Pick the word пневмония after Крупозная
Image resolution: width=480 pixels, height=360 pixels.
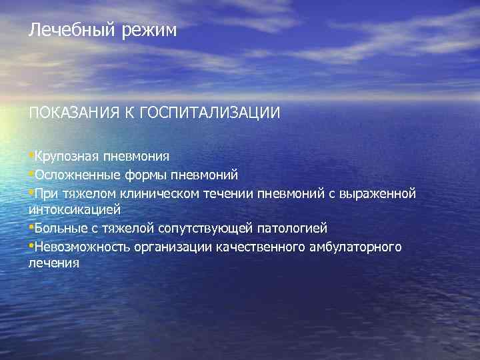coord(136,157)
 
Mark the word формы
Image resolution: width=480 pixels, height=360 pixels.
coord(144,175)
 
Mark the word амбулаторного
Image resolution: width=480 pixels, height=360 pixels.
coord(359,247)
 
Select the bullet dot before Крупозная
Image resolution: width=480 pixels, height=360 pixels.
coord(31,156)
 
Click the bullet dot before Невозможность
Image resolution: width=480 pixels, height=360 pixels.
coord(31,247)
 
